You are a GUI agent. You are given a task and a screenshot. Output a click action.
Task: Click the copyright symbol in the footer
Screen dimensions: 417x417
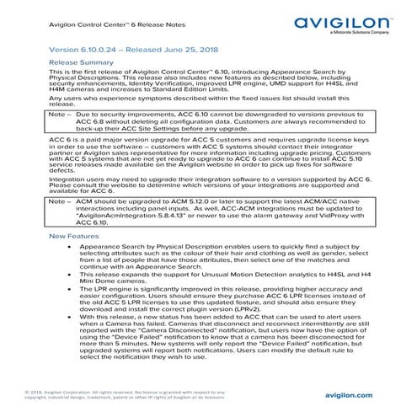pyautogui.click(x=29, y=392)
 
